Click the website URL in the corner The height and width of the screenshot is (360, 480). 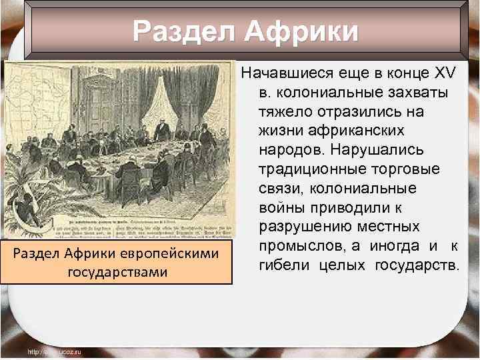pyautogui.click(x=53, y=351)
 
